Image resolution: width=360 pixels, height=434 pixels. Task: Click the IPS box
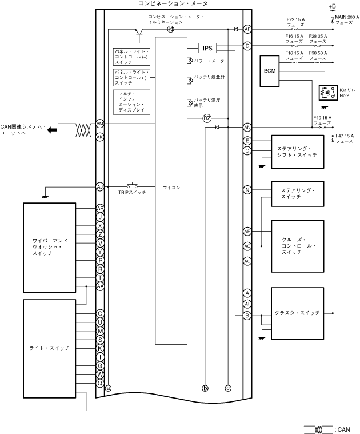coord(207,48)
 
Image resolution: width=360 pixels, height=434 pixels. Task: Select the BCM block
coord(270,71)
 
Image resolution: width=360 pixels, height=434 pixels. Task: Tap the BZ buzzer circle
coord(207,118)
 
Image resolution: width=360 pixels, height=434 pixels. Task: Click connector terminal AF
coord(247,29)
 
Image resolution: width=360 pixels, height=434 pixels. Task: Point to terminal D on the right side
coord(247,46)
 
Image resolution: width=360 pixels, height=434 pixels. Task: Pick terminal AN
coord(247,128)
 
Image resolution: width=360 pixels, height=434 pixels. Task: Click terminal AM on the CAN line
coord(100,124)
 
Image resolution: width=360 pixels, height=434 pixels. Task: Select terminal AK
coord(100,137)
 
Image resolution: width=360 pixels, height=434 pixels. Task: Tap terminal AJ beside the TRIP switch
coord(100,187)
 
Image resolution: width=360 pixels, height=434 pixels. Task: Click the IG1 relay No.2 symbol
coord(328,93)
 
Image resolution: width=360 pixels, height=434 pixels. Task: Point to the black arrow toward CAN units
coord(52,130)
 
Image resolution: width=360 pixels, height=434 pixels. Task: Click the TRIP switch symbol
coord(132,185)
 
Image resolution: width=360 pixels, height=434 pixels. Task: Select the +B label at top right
coord(333,6)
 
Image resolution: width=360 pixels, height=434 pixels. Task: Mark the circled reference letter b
coord(205,388)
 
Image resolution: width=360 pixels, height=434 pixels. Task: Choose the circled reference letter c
coord(228,388)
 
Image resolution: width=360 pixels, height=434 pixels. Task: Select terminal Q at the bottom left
coord(100,383)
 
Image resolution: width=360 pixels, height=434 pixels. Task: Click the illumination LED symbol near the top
coord(171,29)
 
